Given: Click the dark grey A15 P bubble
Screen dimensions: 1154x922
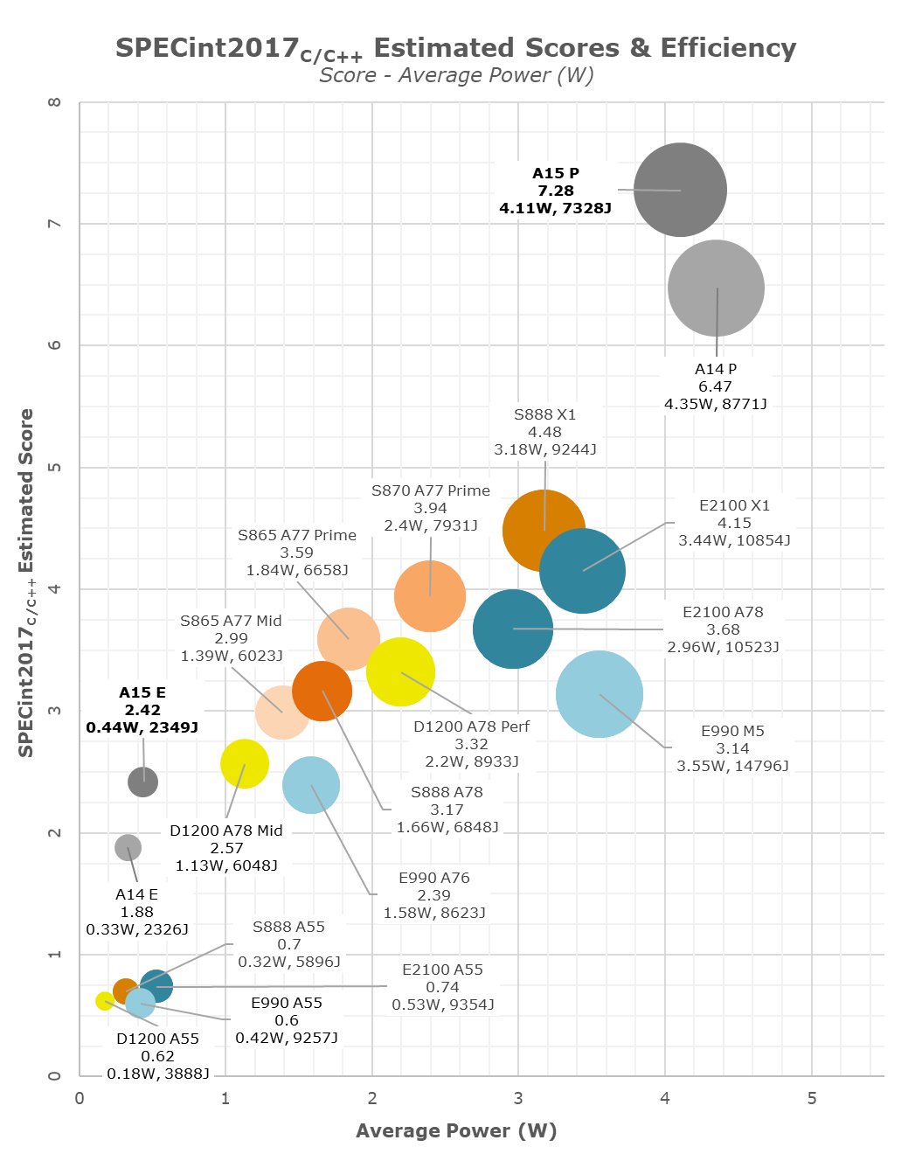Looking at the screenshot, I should click(x=680, y=190).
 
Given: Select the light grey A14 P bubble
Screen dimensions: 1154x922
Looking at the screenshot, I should click(x=716, y=288).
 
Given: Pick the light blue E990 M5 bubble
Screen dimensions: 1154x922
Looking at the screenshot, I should click(x=600, y=695).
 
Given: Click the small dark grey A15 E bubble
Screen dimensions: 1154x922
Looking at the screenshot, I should click(x=142, y=782).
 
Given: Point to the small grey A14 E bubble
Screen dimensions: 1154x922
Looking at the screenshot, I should click(x=128, y=847).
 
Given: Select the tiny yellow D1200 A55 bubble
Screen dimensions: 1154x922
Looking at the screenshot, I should click(x=104, y=1001).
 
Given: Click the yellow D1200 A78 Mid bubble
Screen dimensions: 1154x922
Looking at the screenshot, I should click(x=245, y=763).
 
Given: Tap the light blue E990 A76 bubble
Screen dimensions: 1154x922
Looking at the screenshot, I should click(x=311, y=785).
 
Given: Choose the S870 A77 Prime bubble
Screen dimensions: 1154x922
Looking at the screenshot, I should click(x=430, y=596).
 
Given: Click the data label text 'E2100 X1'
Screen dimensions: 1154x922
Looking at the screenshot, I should click(x=734, y=505).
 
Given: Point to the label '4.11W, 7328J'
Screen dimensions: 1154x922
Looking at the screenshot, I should click(x=555, y=208).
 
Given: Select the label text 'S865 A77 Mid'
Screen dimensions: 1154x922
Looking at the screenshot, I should click(x=231, y=621).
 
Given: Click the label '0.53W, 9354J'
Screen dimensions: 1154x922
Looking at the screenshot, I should click(x=442, y=1005).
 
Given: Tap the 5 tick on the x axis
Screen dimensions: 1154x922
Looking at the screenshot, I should click(x=812, y=1098).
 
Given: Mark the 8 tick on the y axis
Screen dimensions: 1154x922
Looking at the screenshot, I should click(x=55, y=102).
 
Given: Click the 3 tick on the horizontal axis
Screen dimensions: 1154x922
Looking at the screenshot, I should click(x=518, y=1098).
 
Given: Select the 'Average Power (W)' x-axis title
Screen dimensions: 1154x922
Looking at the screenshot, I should click(x=456, y=1130).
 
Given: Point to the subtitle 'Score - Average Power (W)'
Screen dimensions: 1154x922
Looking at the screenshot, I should click(x=456, y=75).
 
